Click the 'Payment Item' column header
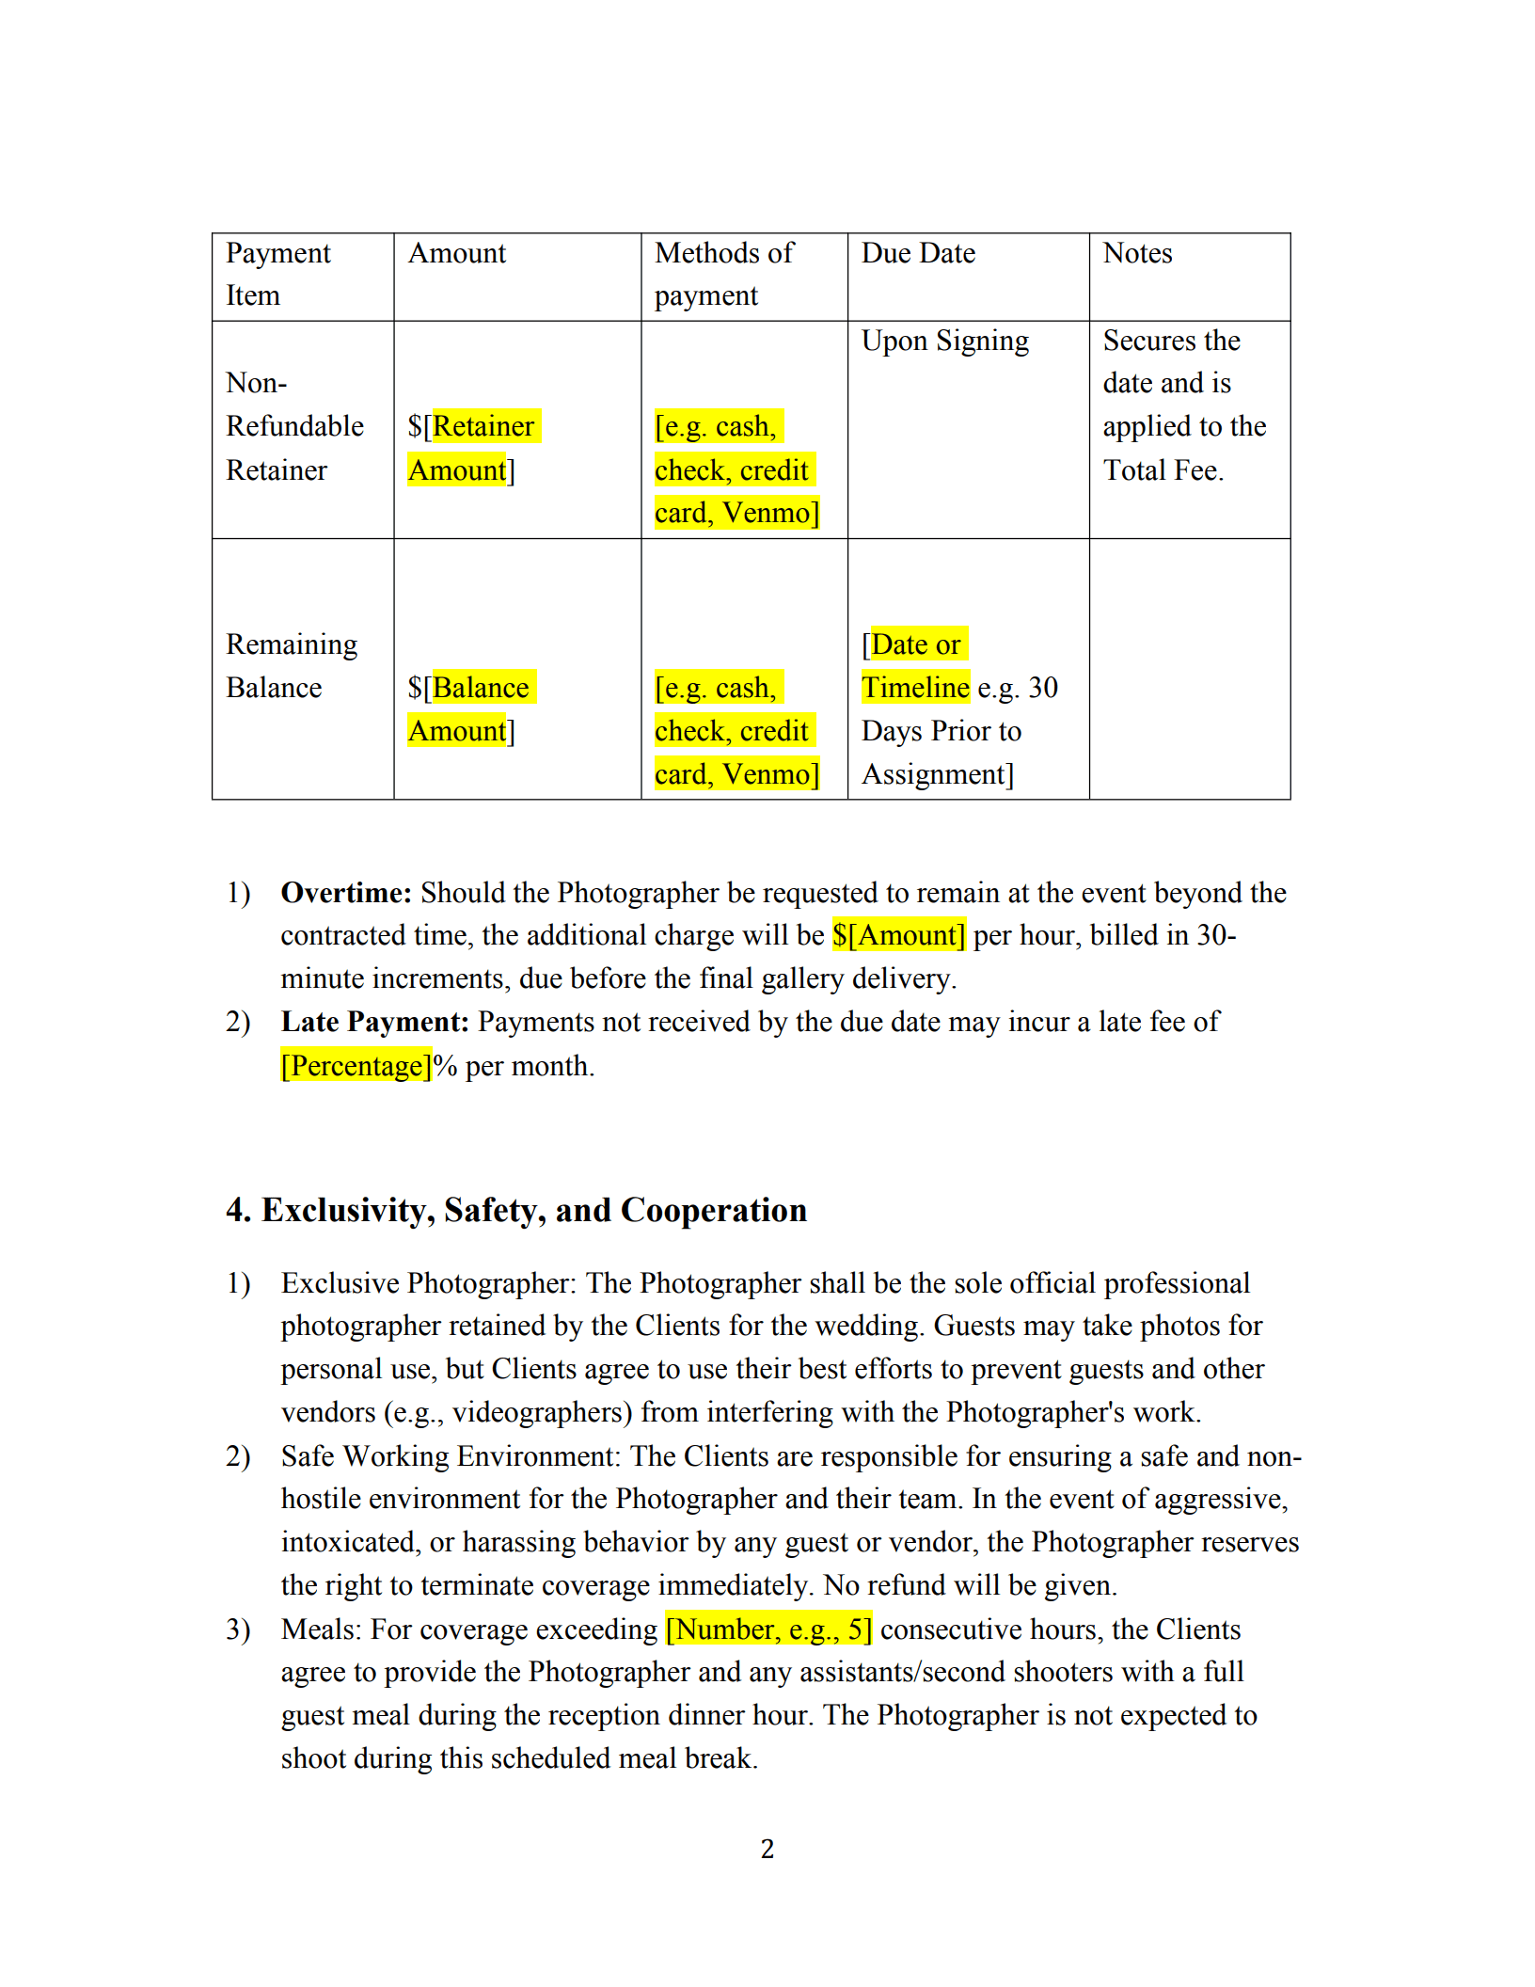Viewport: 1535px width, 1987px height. click(x=278, y=274)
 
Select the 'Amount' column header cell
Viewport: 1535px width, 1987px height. click(x=457, y=253)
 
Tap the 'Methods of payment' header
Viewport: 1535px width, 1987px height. click(x=724, y=274)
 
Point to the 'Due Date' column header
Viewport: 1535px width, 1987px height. click(x=918, y=253)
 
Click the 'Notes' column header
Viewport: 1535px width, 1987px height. click(x=1137, y=253)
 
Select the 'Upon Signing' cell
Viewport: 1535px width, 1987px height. click(x=944, y=341)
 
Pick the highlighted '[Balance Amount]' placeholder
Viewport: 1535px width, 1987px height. click(x=470, y=708)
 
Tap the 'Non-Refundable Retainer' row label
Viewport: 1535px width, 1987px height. click(x=293, y=426)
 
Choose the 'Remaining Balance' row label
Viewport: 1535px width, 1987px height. click(x=291, y=665)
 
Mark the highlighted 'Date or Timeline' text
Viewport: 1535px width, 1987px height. click(x=915, y=665)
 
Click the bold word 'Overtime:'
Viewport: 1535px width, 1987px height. click(x=346, y=892)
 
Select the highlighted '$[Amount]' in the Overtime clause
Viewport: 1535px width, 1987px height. click(x=898, y=935)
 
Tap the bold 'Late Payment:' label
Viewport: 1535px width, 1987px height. click(x=374, y=1022)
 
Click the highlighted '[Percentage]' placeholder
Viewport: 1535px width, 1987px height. click(x=356, y=1066)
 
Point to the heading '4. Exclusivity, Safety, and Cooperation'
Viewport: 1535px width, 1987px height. click(x=515, y=1210)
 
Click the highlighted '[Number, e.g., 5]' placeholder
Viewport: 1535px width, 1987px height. click(x=768, y=1629)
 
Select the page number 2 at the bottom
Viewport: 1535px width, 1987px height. click(x=767, y=1849)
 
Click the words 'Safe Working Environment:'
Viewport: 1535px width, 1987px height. click(x=451, y=1455)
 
